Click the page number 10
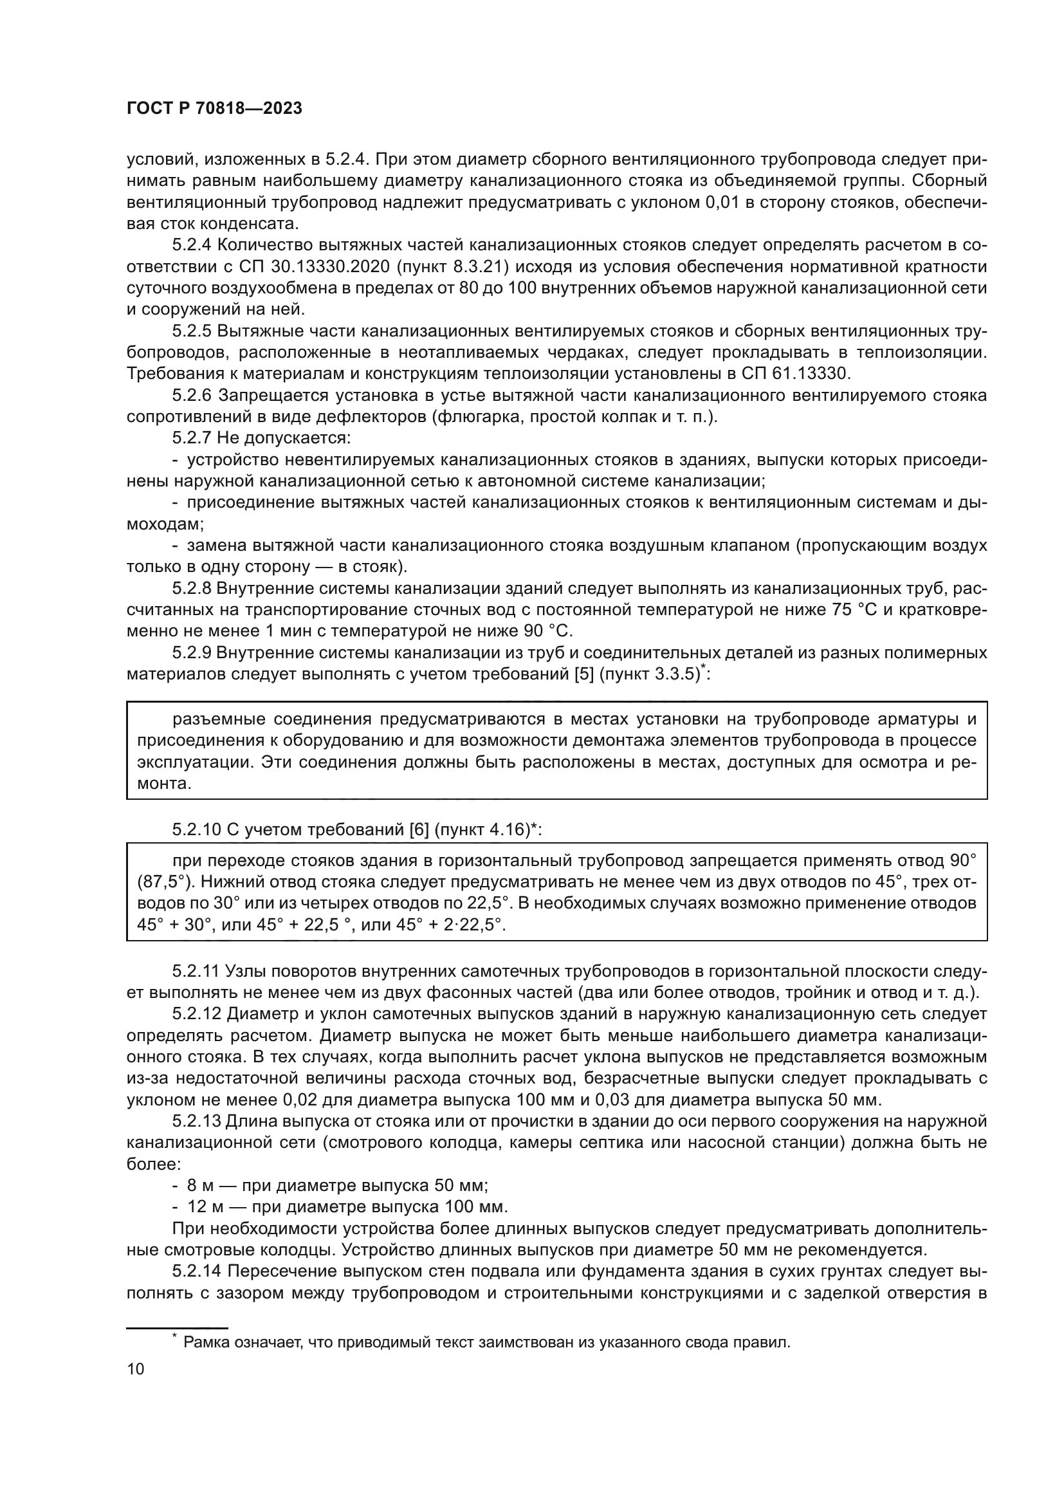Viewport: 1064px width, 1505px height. [x=136, y=1369]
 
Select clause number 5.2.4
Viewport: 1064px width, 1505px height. [x=190, y=245]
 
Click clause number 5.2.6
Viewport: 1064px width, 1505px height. [x=191, y=395]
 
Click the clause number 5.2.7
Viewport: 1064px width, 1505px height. [x=191, y=438]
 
